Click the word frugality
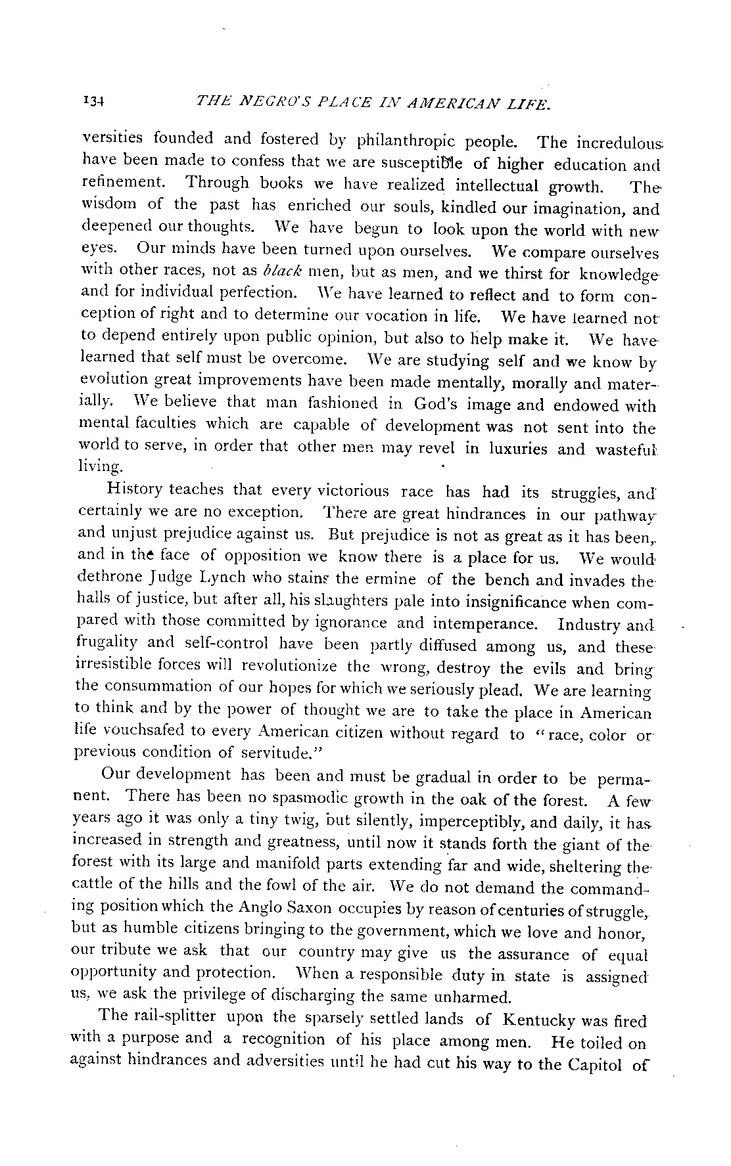click(106, 644)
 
